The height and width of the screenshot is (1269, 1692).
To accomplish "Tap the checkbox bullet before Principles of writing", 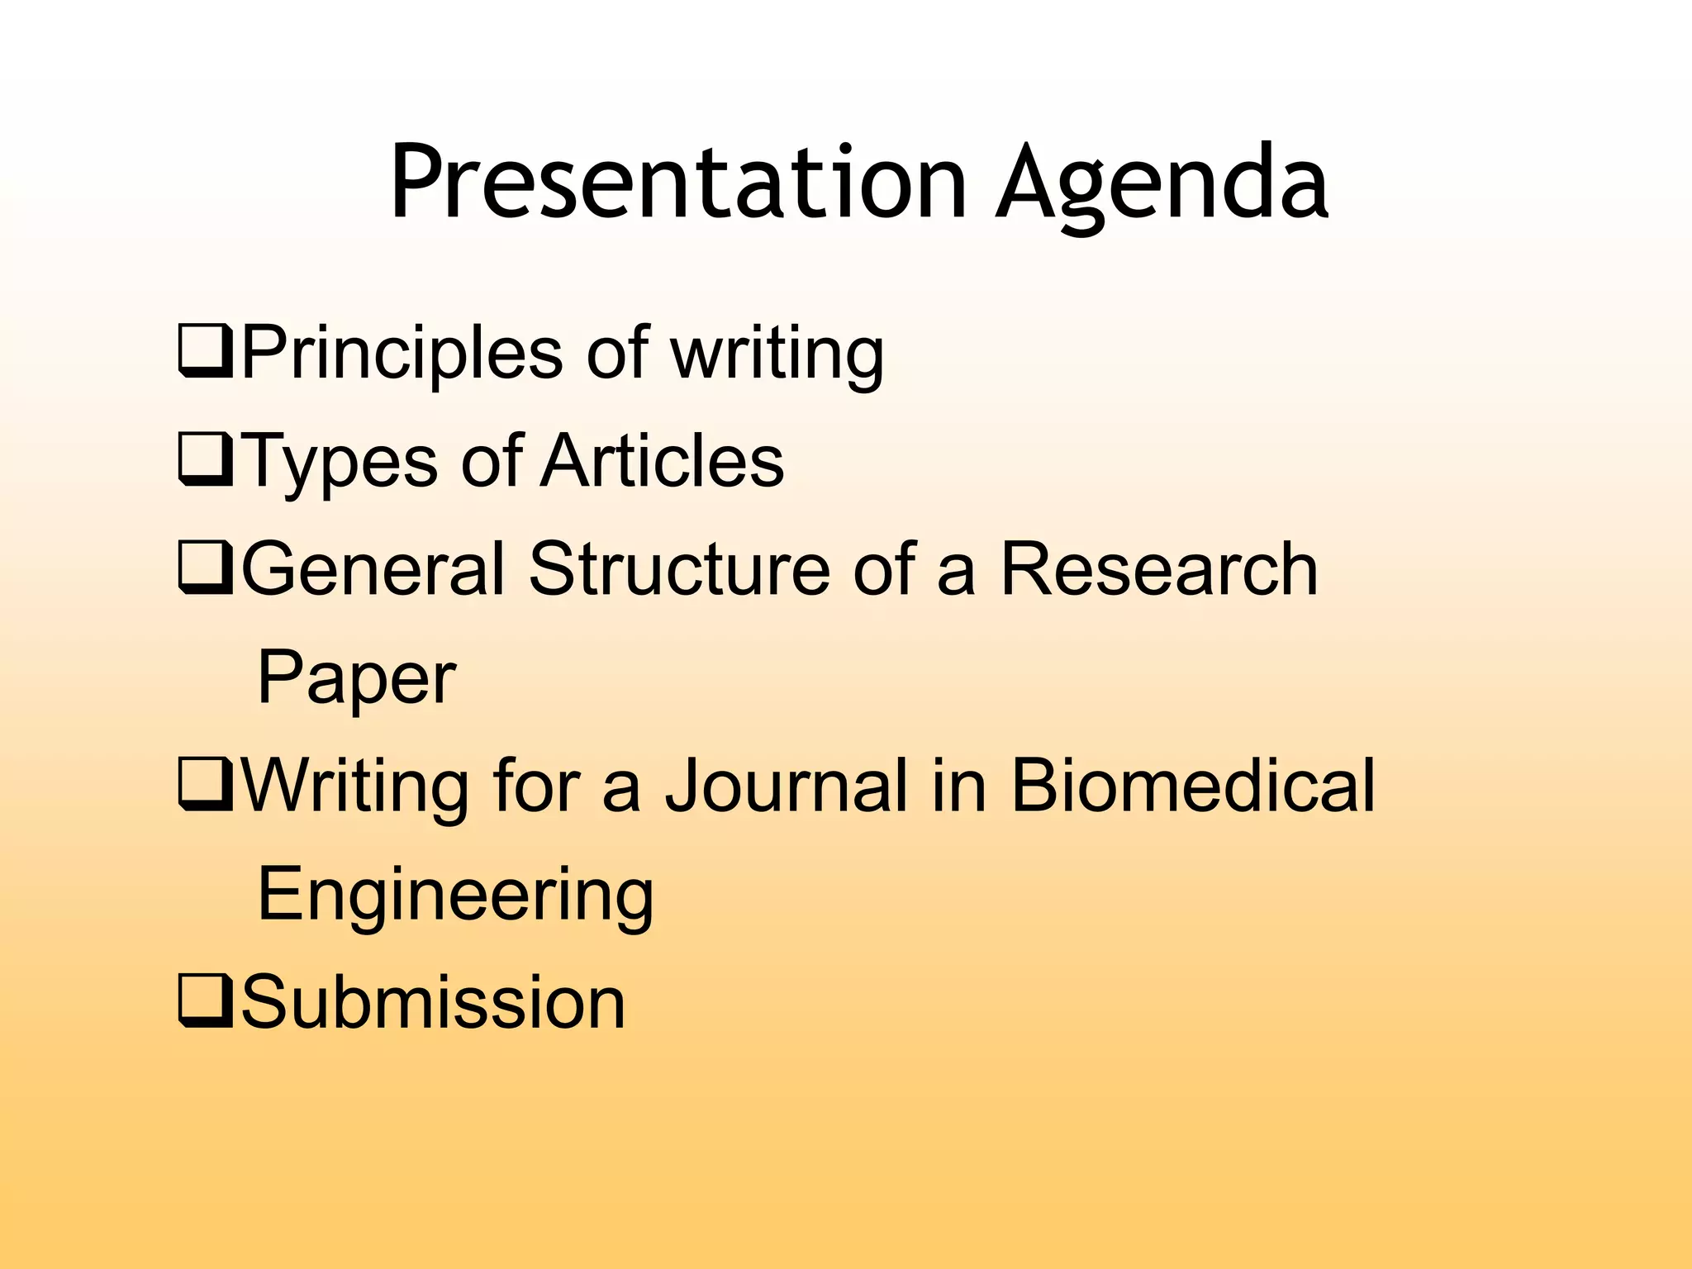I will [x=205, y=353].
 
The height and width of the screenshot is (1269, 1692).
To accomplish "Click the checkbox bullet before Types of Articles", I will [x=205, y=461].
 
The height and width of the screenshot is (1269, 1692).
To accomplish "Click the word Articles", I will [x=663, y=461].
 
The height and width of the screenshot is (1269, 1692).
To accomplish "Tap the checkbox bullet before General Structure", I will [x=205, y=569].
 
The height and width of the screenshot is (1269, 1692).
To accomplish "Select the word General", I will [x=373, y=569].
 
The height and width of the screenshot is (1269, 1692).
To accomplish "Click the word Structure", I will [x=679, y=569].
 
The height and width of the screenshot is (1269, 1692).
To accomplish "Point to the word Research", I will [x=1158, y=569].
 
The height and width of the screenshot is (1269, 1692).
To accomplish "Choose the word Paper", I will [x=356, y=679].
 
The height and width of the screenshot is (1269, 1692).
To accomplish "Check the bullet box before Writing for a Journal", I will [x=205, y=786].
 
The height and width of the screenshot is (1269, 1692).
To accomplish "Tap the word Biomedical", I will [x=1192, y=786].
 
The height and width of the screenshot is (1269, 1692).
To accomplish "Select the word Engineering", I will [x=455, y=896].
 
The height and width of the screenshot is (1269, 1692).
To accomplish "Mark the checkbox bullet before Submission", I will [x=205, y=1002].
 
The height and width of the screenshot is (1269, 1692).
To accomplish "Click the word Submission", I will [x=433, y=1002].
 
